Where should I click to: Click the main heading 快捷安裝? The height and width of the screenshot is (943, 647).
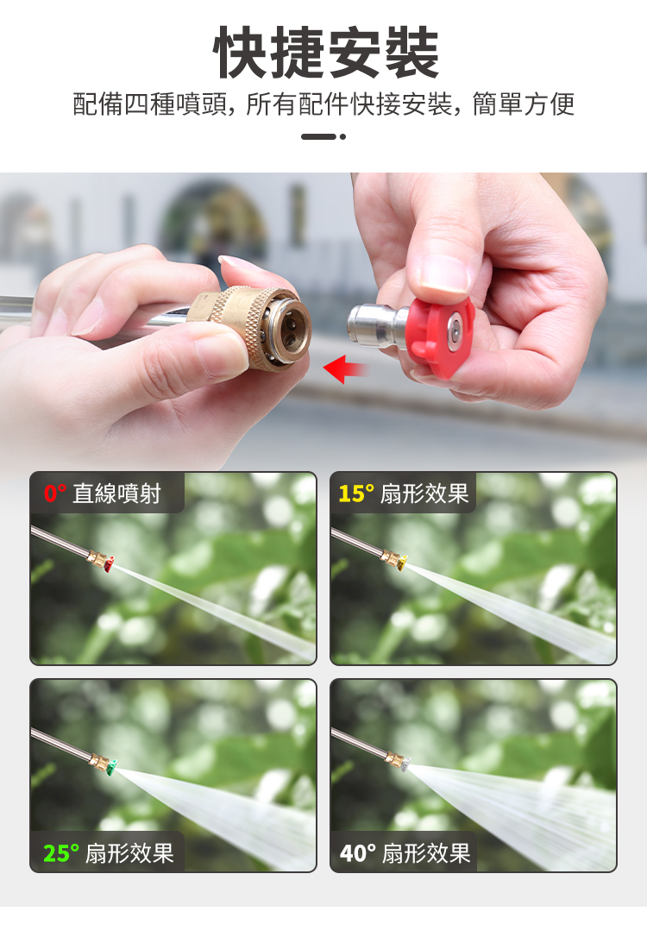pos(325,53)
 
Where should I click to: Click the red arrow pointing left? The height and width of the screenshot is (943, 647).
pos(346,368)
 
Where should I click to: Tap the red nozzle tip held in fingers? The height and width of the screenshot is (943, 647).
pos(440,336)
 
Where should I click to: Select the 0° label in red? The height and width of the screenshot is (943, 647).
pos(54,494)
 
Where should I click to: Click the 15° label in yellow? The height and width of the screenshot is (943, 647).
pos(356,494)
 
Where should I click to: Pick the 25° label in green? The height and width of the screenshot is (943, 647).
pos(60,853)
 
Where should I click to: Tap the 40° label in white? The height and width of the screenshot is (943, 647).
pos(358,853)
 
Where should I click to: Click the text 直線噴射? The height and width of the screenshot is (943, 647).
pos(116,494)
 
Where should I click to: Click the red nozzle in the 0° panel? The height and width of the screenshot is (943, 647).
pos(108,564)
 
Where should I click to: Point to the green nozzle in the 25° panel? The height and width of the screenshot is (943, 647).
pos(111,767)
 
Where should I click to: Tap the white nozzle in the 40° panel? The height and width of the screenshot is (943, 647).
pos(405,764)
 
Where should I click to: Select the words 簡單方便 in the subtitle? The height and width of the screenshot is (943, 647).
pos(523,104)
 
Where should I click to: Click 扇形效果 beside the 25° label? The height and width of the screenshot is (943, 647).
pos(129,853)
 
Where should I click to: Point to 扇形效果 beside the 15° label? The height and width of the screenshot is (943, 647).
pos(424,494)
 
